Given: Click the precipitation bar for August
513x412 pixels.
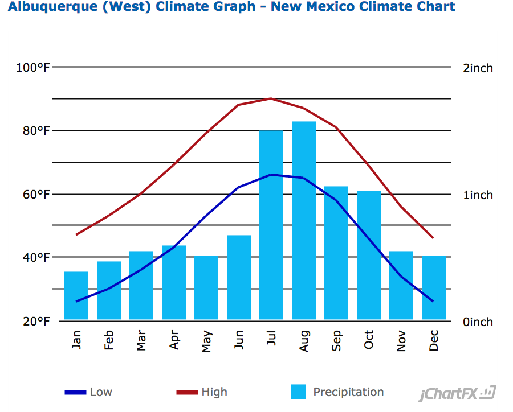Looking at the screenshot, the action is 304,220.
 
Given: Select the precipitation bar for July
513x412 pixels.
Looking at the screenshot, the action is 271,225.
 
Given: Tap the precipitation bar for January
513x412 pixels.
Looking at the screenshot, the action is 76,295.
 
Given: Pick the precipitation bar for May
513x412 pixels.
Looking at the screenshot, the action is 206,287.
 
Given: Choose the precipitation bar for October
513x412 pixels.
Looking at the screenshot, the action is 369,255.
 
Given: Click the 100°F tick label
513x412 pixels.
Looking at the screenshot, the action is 33,68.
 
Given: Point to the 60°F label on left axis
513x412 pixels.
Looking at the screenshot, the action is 36,195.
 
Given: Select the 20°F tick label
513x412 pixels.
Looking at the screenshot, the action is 36,321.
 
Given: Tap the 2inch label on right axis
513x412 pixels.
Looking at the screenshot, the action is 478,68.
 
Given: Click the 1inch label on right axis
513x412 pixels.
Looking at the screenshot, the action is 478,195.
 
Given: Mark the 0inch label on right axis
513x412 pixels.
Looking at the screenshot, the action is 478,322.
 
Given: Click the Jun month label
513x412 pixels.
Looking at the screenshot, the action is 239,340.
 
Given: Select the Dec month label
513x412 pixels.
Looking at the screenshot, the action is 434,340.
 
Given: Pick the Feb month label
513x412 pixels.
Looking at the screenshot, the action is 109,340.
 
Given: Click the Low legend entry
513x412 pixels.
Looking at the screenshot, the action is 88,392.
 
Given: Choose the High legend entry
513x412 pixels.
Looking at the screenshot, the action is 202,392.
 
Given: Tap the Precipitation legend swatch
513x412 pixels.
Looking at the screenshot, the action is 298,392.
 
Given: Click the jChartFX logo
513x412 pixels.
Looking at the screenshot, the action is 457,393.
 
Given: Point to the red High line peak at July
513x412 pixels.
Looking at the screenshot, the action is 271,98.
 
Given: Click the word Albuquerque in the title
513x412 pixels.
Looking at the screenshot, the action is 52,7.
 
